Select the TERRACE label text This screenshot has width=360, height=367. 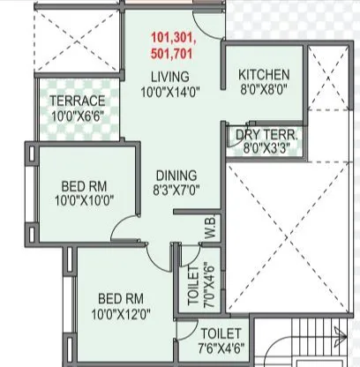pyautogui.click(x=77, y=101)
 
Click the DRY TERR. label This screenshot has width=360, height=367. pyautogui.click(x=266, y=135)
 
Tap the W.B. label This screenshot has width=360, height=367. pyautogui.click(x=212, y=228)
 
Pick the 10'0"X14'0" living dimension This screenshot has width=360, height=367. pyautogui.click(x=169, y=92)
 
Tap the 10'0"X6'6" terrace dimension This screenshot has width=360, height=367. pyautogui.click(x=77, y=115)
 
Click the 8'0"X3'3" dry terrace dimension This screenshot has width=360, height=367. pyautogui.click(x=266, y=148)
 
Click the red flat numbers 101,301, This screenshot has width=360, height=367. pyautogui.click(x=173, y=40)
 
